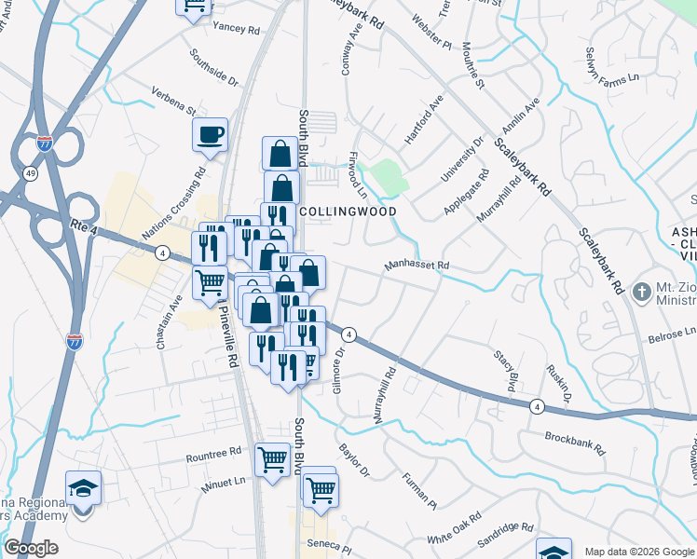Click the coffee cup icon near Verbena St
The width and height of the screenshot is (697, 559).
[x=211, y=134]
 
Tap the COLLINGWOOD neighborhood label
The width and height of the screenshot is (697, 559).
[x=349, y=211]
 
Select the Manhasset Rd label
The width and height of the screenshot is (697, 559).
[x=417, y=266]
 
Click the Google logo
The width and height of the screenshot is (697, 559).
[x=31, y=548]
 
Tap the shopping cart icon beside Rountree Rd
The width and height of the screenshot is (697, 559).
[x=272, y=458]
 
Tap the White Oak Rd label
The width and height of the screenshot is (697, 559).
[x=454, y=528]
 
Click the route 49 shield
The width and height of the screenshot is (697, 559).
[x=32, y=173]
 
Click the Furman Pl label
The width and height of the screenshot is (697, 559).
[x=419, y=491]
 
